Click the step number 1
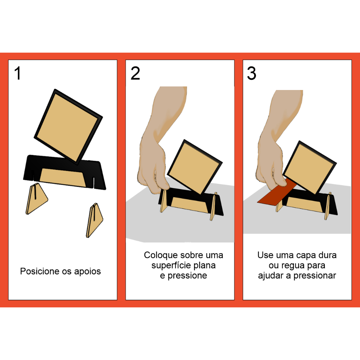(x=18, y=73)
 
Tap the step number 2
(x=135, y=73)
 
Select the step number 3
(x=252, y=73)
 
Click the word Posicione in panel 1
(x=40, y=271)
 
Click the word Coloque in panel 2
(x=160, y=255)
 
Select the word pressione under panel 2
(x=187, y=276)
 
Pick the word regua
(x=292, y=266)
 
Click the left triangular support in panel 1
(x=36, y=199)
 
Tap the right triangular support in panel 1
(x=95, y=220)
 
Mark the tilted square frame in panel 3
(x=309, y=167)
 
